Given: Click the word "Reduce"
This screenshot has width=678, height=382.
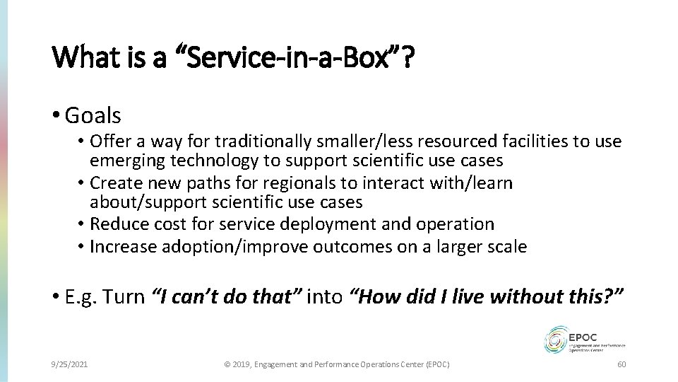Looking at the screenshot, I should tap(114, 224).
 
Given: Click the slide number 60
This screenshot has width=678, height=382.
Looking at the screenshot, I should tap(621, 364).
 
